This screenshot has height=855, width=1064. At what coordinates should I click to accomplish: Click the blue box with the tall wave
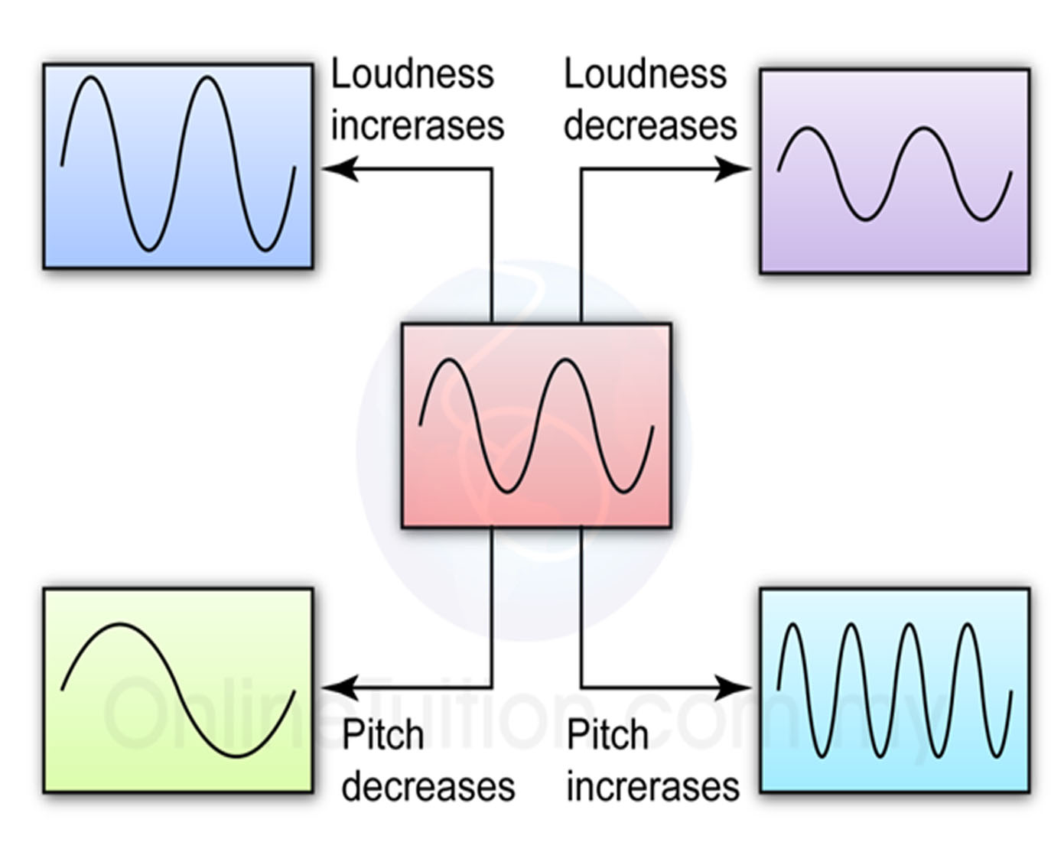177,166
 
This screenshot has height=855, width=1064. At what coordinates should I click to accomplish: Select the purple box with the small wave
894,171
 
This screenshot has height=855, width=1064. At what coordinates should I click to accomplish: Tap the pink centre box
536,425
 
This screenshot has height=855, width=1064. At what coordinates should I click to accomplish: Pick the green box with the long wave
177,691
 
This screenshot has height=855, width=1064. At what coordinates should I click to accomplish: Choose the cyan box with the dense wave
894,691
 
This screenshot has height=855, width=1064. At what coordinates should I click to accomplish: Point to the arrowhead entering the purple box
734,168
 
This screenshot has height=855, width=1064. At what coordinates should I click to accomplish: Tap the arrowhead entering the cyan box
734,688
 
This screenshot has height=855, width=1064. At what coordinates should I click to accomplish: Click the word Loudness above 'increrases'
412,74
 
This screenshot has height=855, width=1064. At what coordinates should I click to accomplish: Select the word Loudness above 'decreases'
645,74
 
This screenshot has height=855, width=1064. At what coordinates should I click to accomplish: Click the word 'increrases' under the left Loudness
417,125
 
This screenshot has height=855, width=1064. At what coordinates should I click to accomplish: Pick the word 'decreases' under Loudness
650,125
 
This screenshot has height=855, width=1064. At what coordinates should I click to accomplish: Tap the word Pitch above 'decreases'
382,736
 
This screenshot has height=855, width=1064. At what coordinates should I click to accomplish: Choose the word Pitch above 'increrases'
607,736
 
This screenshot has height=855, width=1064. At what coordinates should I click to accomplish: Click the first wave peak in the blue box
90,78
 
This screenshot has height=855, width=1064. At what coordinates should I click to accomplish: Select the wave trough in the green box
236,756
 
